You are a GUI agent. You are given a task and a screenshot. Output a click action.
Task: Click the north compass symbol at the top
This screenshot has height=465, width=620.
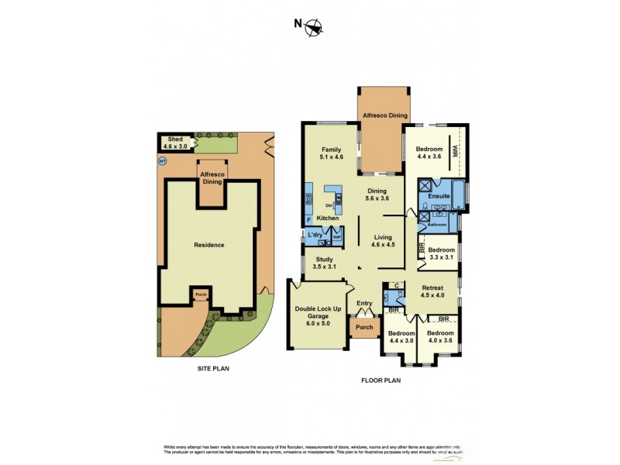coord(313,27)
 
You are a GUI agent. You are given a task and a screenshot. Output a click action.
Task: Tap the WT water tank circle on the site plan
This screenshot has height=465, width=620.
coord(163,161)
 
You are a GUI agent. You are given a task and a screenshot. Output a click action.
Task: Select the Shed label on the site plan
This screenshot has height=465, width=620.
coord(175,139)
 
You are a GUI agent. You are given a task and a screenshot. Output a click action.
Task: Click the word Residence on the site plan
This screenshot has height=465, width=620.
coord(208,245)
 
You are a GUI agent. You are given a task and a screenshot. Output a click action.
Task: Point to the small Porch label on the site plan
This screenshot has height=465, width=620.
coord(200,294)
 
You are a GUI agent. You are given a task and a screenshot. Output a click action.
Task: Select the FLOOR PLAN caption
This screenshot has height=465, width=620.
coord(381,381)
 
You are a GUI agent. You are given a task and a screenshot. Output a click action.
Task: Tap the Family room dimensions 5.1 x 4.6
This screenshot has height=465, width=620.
coord(331,157)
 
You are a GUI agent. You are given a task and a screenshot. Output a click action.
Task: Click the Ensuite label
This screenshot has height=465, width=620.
coord(439,197)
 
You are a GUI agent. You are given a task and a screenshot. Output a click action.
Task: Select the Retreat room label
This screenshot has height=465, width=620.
coord(432,288)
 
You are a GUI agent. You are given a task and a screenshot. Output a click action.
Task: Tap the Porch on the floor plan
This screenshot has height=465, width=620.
coord(364,327)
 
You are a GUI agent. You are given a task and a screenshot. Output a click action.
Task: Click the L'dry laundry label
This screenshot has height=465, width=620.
coord(315,234)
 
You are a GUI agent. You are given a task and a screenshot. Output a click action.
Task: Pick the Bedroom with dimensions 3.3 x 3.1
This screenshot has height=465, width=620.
coord(441,254)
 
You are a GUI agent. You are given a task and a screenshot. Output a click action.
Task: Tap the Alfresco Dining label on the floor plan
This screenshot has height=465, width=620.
coord(384,115)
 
